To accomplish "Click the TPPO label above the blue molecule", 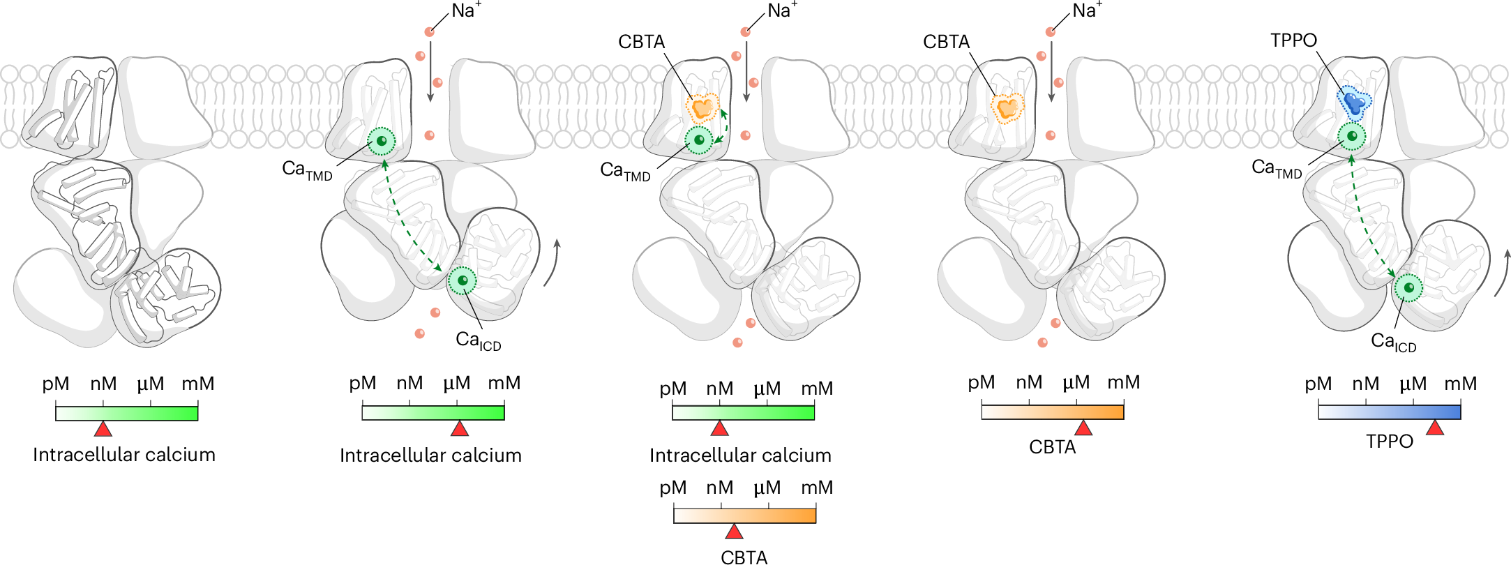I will (x=1293, y=40).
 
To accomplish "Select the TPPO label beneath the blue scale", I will (x=1389, y=442).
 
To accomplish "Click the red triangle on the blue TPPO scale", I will (x=1435, y=428).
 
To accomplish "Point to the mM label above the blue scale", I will (x=1460, y=384).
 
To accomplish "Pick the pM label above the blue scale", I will (x=1318, y=384).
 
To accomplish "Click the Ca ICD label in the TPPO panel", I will (x=1393, y=342).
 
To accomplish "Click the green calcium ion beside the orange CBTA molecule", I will (x=699, y=140).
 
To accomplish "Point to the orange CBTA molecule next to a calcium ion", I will (x=702, y=108).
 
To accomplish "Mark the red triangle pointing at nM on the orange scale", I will (x=734, y=532).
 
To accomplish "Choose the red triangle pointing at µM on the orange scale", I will (x=1083, y=428).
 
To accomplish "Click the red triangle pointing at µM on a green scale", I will (x=460, y=428).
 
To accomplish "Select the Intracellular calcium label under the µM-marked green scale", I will (x=430, y=455).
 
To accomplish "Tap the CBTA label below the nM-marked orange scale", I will (x=744, y=557).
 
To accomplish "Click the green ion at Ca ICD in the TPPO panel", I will (x=1408, y=287).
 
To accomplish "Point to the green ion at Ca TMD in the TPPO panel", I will (x=1352, y=136).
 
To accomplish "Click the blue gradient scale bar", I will (x=1389, y=412).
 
